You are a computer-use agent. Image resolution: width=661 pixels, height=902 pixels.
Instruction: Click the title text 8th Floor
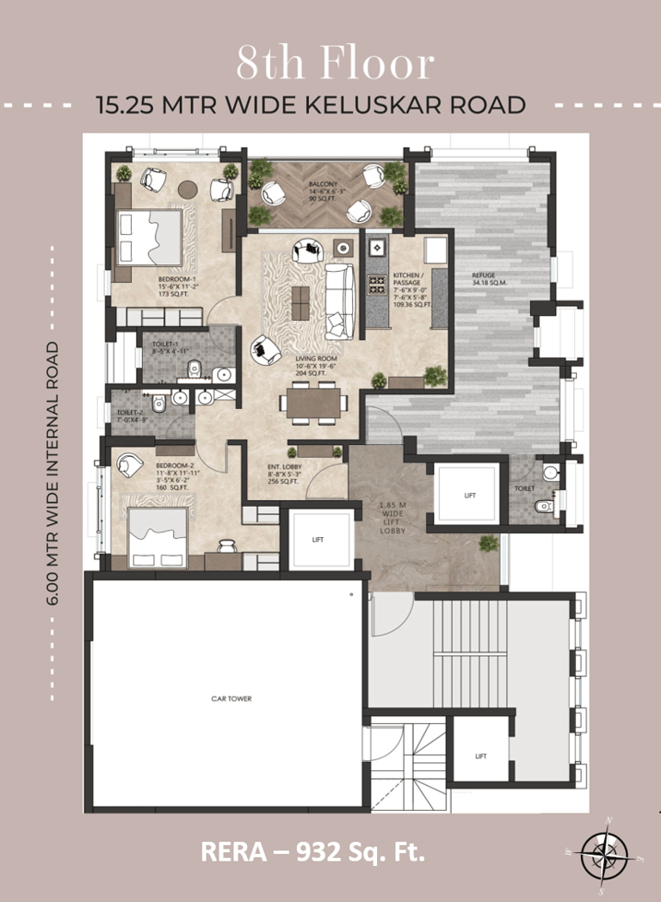pyautogui.click(x=336, y=64)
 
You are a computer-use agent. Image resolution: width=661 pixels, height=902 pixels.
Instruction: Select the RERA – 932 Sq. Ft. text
pyautogui.click(x=313, y=851)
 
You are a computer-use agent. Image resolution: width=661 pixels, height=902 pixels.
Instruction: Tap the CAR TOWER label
pyautogui.click(x=232, y=699)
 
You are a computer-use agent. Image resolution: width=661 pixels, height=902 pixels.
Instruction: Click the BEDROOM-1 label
pyautogui.click(x=177, y=280)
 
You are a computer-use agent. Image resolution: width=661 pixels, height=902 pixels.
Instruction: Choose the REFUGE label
pyautogui.click(x=483, y=275)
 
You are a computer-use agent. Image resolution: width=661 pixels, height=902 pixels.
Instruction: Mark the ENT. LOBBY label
pyautogui.click(x=283, y=467)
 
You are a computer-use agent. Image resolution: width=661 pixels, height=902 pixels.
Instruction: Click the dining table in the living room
pyautogui.click(x=311, y=401)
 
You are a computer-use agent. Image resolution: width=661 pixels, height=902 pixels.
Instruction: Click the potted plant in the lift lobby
pyautogui.click(x=489, y=544)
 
